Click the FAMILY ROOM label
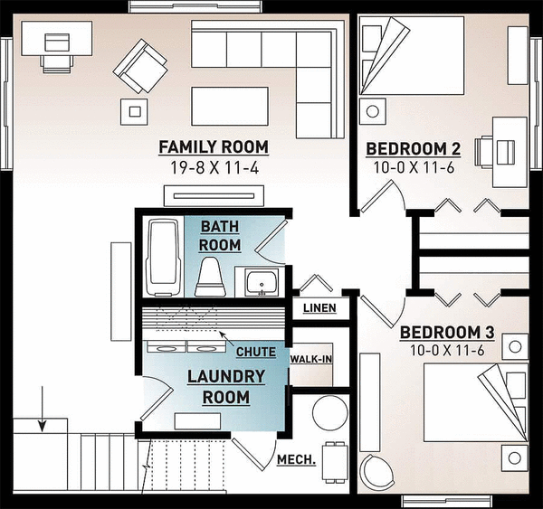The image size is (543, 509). tap(214, 146)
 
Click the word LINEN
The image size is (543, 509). tap(319, 308)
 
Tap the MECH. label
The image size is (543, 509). tap(296, 460)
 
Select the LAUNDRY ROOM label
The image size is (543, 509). tap(226, 385)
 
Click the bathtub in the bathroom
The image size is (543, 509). tap(163, 257)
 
